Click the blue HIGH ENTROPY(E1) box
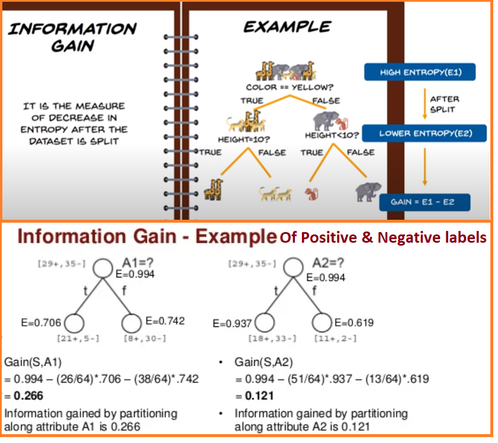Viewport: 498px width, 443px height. (420, 72)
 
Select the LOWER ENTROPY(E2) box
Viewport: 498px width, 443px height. (425, 133)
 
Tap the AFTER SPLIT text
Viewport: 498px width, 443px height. (445, 105)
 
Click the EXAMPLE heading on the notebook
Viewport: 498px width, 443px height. (287, 27)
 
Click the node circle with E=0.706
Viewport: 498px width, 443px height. (74, 323)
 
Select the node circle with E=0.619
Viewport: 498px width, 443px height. (323, 322)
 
